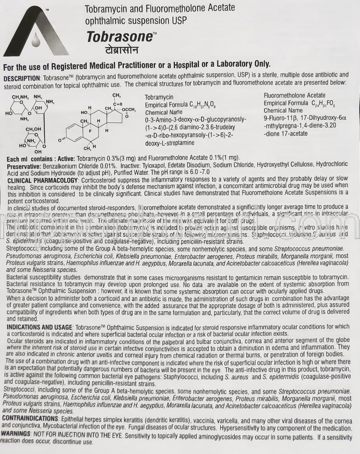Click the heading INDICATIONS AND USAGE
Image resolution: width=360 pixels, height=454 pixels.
40,327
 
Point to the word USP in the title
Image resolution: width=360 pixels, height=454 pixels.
179,20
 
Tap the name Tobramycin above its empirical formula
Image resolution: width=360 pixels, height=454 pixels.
159,97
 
